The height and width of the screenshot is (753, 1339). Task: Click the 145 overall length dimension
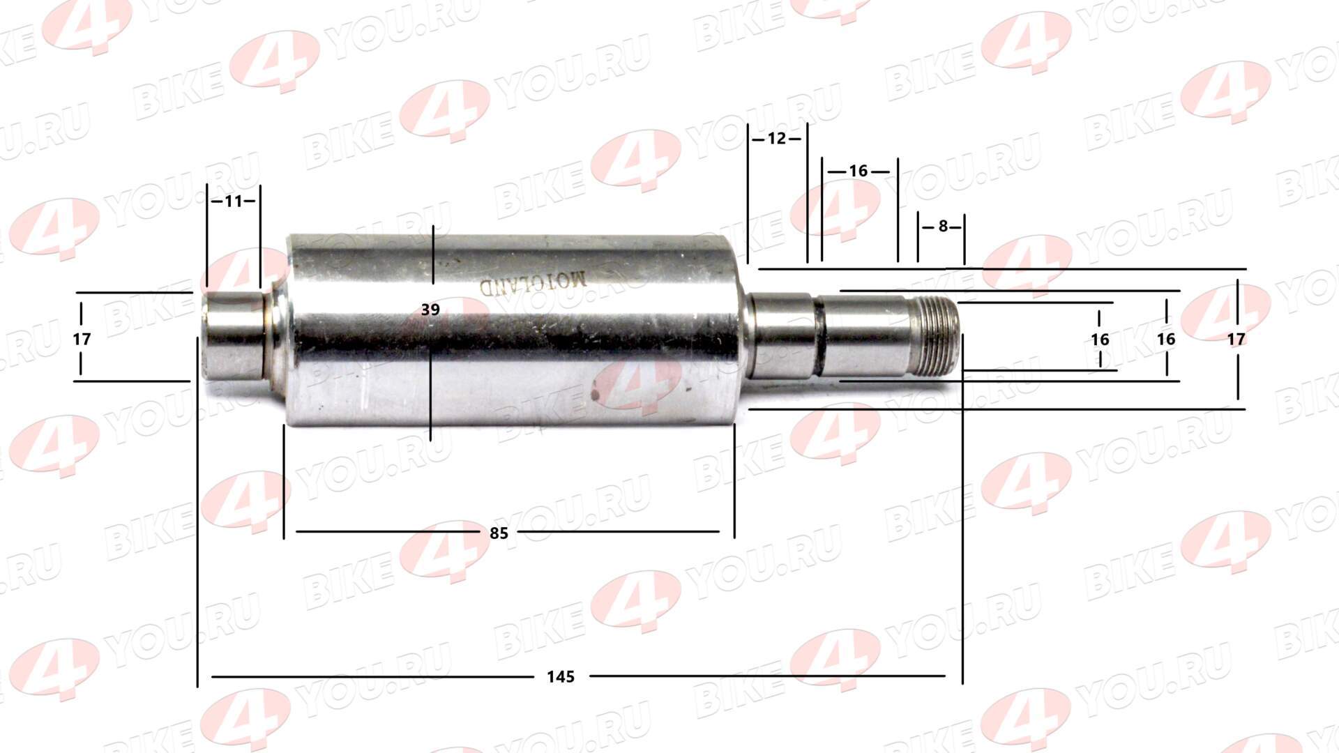coord(560,676)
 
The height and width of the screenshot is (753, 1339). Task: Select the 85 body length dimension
coord(499,533)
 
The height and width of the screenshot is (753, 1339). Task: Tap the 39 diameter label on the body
coord(430,309)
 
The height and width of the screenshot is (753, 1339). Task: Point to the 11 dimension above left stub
coord(234,201)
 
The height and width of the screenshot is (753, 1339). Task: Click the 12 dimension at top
coord(776,138)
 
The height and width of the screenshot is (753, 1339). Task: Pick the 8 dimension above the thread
coord(943,226)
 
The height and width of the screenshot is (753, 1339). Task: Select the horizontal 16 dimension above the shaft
coord(858,171)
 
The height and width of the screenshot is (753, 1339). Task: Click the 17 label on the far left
coord(82,340)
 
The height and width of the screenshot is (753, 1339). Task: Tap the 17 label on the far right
coord(1236,340)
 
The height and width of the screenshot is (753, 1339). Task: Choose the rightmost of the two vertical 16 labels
coord(1166,340)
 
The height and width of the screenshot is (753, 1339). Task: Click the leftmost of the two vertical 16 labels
coord(1100,340)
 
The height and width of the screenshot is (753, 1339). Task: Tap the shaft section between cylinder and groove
coord(781,337)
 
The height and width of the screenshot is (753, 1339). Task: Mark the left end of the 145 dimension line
coord(213,676)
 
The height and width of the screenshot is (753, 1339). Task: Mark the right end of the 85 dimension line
coord(718,531)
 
